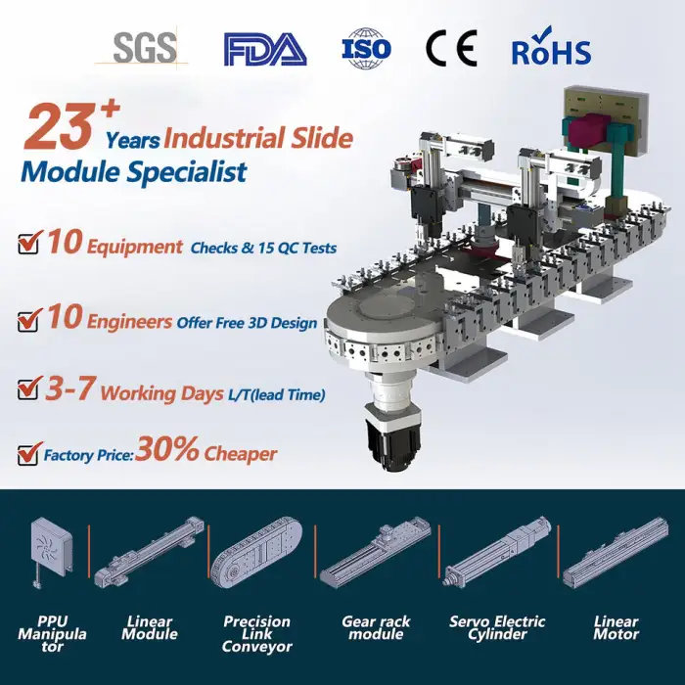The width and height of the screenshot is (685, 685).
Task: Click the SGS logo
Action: [x=142, y=47]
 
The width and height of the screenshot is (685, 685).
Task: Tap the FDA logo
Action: [x=265, y=49]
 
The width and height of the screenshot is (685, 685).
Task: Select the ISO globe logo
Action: [x=366, y=48]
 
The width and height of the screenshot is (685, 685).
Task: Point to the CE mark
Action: [x=451, y=48]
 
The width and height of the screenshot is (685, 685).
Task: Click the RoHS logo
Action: [x=551, y=47]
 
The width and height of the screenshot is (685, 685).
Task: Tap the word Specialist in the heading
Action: [x=187, y=171]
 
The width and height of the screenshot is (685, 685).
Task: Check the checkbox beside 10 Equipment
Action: [x=29, y=242]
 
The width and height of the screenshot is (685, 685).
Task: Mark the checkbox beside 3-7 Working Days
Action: [x=29, y=388]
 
